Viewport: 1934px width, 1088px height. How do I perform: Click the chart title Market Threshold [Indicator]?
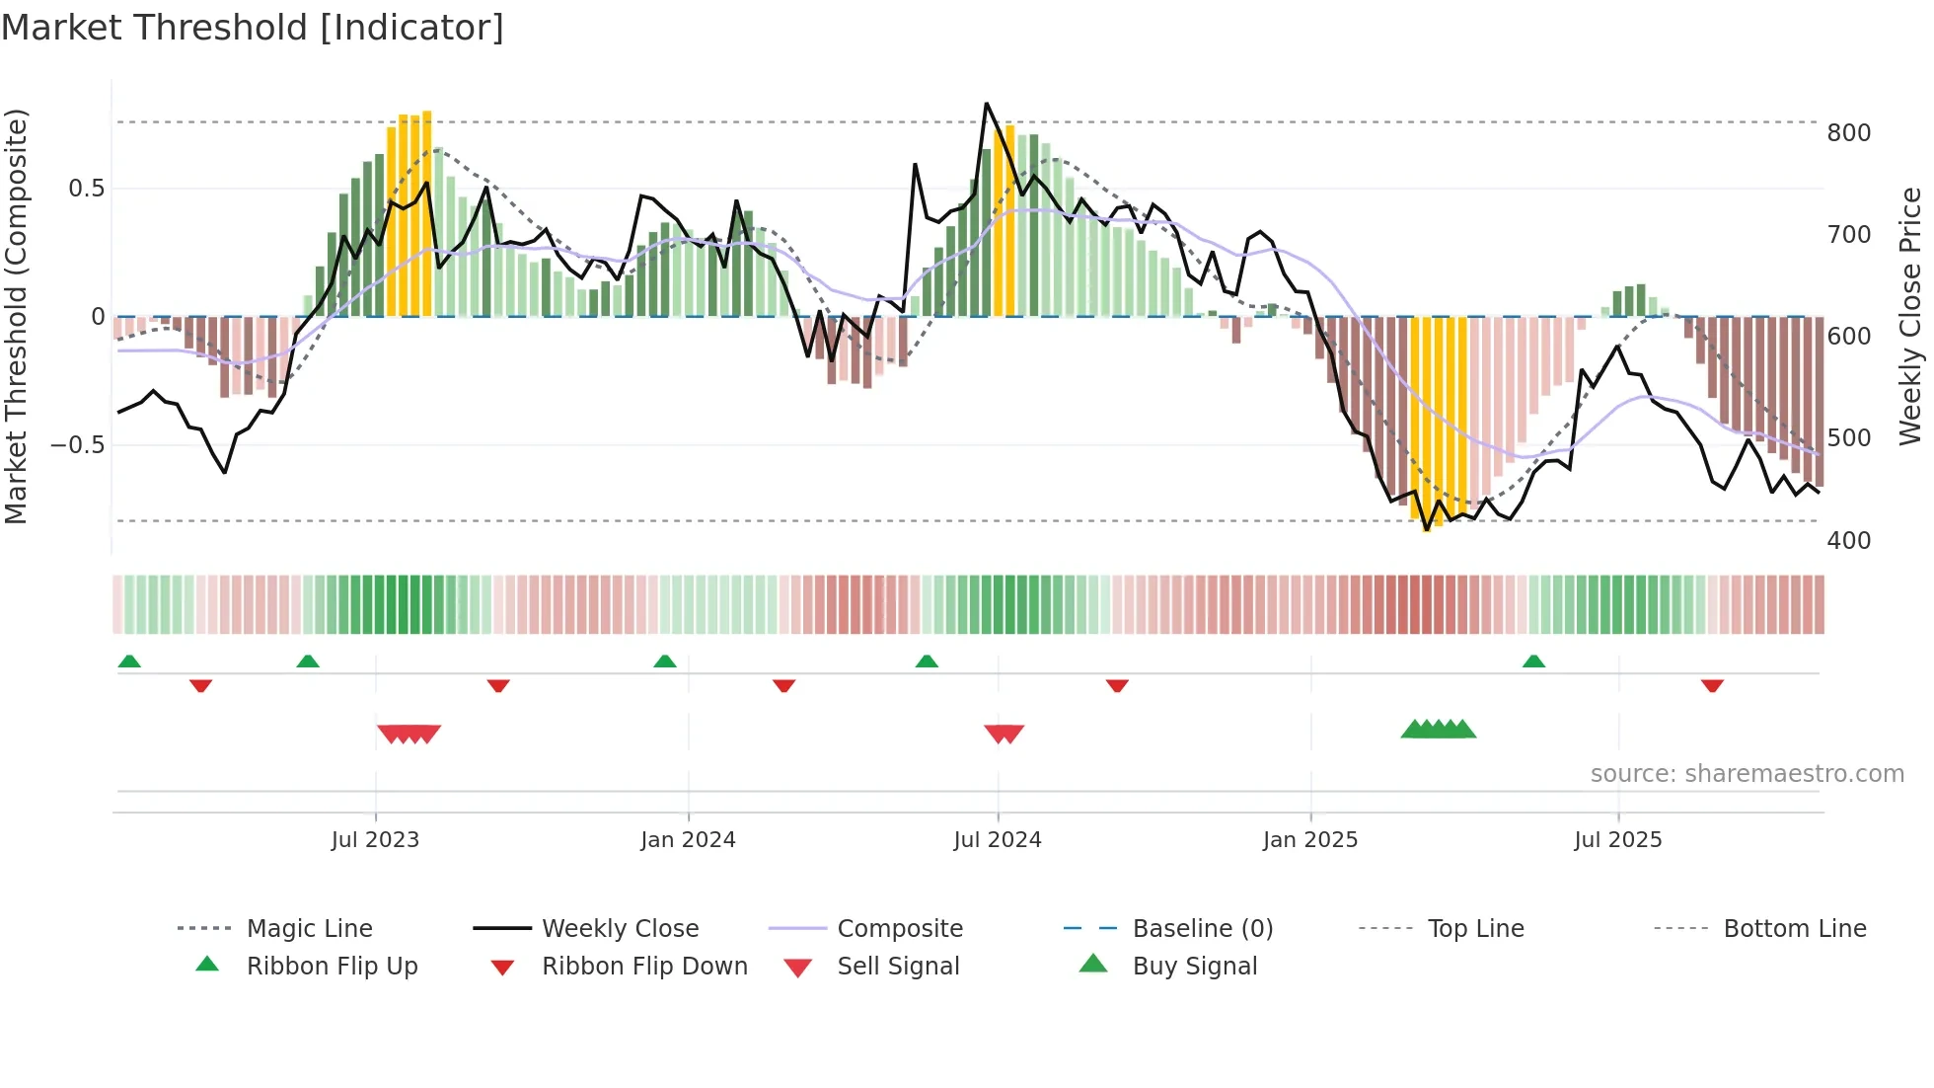253,28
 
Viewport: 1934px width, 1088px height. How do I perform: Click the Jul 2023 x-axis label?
375,840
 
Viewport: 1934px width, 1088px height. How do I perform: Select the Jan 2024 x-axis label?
688,840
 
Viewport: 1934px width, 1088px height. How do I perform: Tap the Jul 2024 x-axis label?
998,840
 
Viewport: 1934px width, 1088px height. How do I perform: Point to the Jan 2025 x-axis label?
1310,840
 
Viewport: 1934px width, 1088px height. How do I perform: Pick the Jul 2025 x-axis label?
1618,840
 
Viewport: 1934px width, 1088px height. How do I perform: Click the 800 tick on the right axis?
1848,133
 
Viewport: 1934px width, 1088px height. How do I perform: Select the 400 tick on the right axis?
1848,541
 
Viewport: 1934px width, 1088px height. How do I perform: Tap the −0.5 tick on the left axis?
78,445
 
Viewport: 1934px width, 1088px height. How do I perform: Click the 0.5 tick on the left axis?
86,189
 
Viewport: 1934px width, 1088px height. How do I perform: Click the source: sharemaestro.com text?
1747,774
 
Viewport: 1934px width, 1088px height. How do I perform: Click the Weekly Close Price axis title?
1910,316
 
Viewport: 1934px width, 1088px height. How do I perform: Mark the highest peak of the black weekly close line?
986,104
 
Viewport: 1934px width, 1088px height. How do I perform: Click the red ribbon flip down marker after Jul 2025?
1712,685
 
